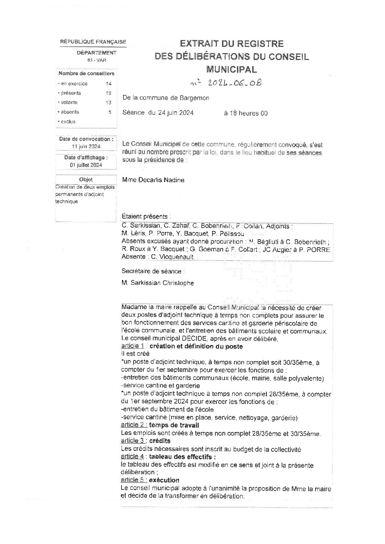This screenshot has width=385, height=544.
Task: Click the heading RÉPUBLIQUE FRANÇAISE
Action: (93, 42)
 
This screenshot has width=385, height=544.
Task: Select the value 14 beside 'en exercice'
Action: (108, 84)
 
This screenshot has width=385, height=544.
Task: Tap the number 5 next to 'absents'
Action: (110, 112)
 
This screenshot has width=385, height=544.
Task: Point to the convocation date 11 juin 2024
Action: (86, 147)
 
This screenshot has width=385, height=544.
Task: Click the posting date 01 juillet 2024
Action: (86, 165)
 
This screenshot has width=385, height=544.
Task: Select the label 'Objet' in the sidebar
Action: (86, 179)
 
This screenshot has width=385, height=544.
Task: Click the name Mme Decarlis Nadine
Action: (153, 180)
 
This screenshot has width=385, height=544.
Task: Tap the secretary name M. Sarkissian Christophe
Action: (158, 283)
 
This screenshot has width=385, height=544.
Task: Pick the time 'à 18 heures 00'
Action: (246, 113)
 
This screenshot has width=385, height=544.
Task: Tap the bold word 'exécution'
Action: (164, 480)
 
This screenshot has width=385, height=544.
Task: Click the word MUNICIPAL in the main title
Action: (231, 69)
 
